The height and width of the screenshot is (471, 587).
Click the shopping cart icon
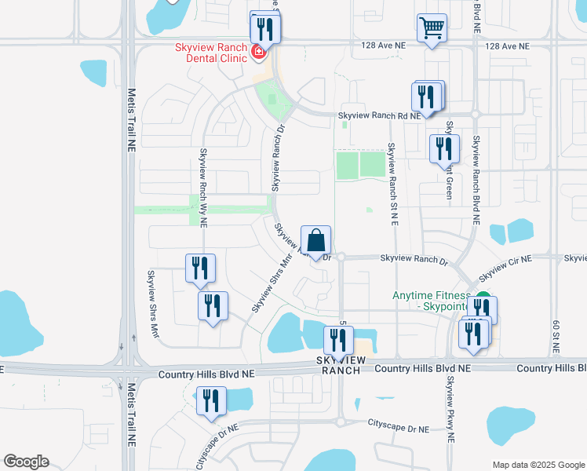[x=432, y=29]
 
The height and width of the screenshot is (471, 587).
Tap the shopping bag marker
[x=315, y=239]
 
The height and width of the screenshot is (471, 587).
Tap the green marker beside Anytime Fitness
[x=483, y=300]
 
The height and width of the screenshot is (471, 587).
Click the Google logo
[x=26, y=462]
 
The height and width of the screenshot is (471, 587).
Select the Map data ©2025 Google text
[x=538, y=465]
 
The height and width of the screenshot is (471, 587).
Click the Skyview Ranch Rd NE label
[x=380, y=115]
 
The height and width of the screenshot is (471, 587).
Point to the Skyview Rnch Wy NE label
[x=203, y=187]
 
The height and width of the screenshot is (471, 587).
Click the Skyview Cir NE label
[x=505, y=266]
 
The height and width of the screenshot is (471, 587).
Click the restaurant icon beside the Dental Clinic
[x=264, y=31]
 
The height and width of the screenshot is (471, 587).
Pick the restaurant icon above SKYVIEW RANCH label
[x=338, y=341]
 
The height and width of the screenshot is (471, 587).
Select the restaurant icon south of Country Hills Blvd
[x=210, y=401]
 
